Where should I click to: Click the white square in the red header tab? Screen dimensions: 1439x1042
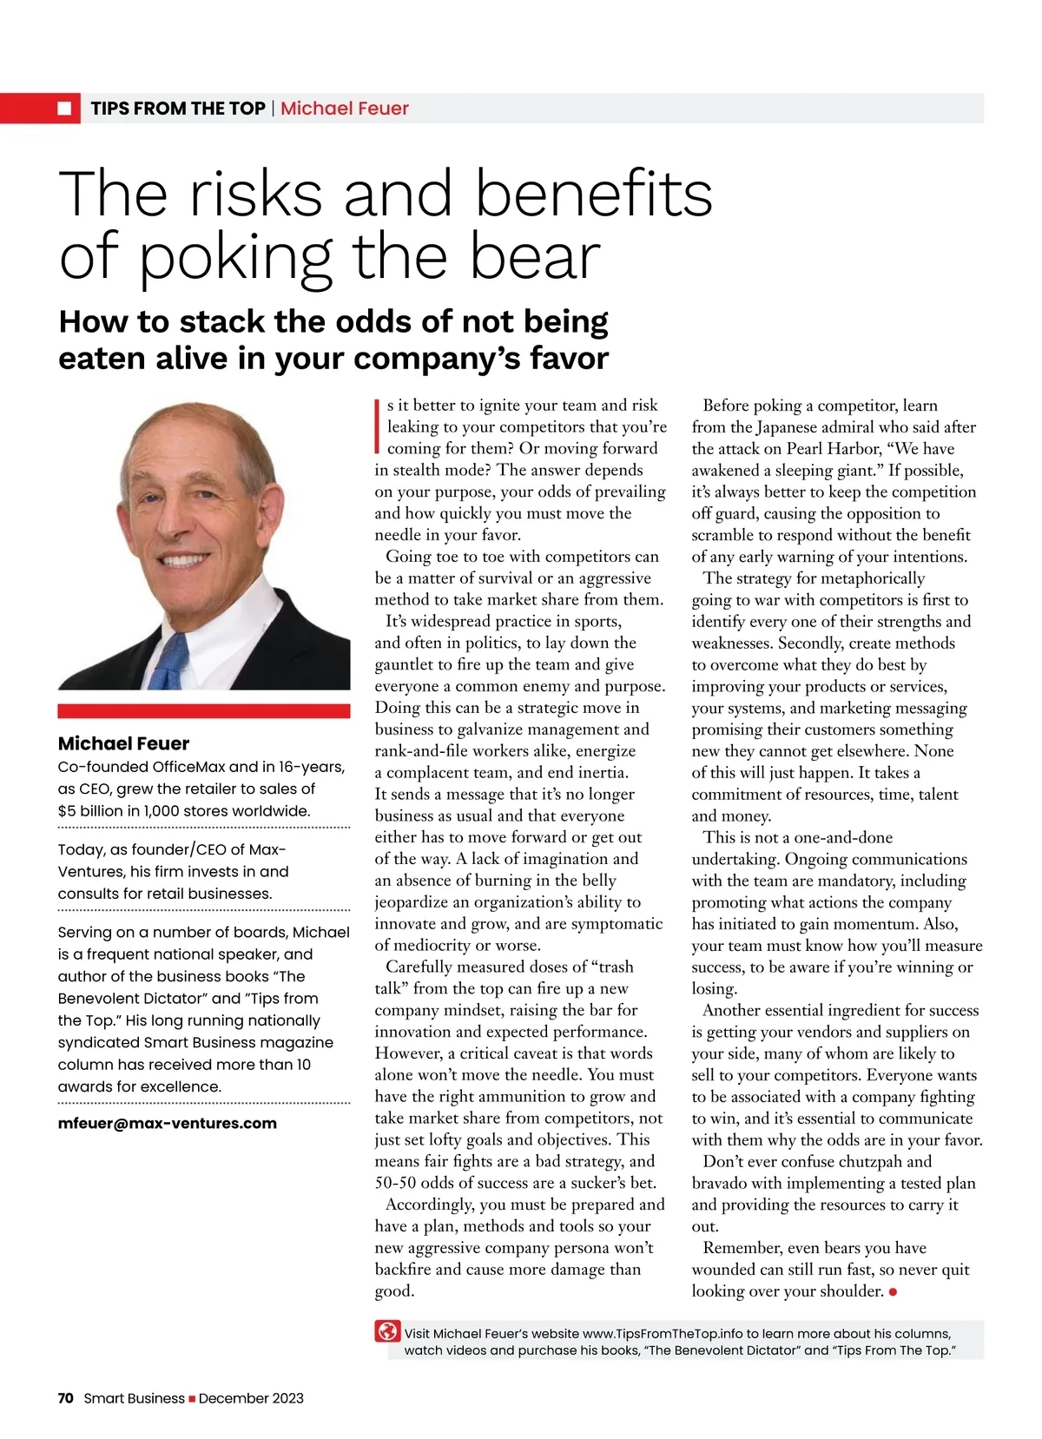point(64,109)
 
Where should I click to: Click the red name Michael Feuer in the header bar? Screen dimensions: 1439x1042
point(344,109)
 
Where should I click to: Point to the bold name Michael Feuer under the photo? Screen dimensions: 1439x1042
point(123,743)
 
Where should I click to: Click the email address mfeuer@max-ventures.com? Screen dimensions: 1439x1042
point(167,1123)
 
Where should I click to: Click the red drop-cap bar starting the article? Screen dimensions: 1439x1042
point(378,426)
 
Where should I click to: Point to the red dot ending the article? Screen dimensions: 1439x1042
point(894,1292)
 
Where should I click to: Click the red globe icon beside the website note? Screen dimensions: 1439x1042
point(387,1331)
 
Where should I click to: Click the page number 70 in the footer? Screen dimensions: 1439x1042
point(66,1398)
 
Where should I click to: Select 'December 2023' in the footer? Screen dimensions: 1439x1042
point(251,1398)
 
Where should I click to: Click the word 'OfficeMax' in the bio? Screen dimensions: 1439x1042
point(189,767)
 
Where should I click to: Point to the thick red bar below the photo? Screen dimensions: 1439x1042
point(204,711)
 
